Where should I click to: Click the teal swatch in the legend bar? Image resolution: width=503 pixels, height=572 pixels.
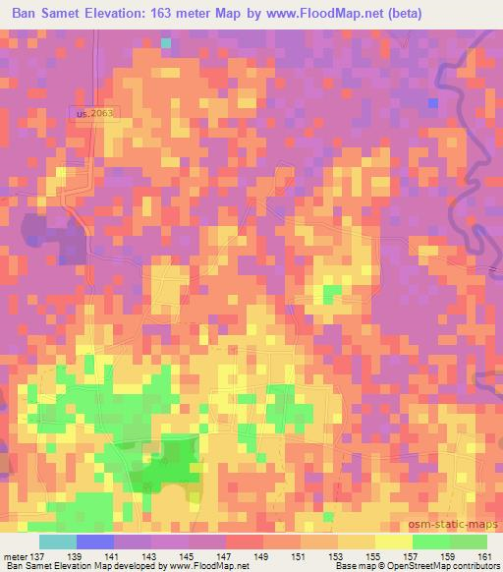coord(58,542)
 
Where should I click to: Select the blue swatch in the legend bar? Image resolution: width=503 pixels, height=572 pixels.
coord(95,542)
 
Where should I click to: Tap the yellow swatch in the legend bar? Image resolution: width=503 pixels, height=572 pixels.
coord(394,542)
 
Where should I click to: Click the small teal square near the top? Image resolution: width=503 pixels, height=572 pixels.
coord(166,43)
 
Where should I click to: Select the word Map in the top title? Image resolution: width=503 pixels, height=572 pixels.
coord(277,14)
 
